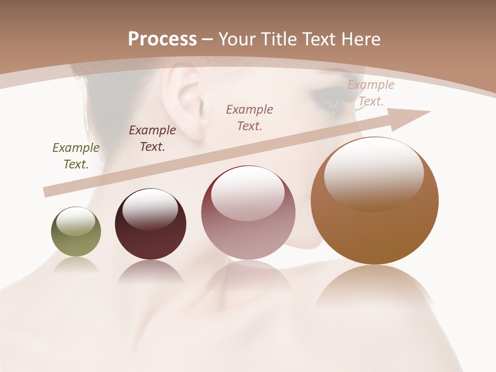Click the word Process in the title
[x=162, y=39]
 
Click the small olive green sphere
[x=76, y=232]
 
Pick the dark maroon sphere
[x=150, y=224]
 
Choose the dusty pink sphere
[x=248, y=213]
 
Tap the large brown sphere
[x=375, y=202]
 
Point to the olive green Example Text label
[x=76, y=156]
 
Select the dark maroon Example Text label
[x=152, y=138]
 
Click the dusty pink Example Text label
[x=250, y=117]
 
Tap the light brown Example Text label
[x=371, y=93]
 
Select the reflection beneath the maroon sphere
[x=150, y=271]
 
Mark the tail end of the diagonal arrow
[x=47, y=192]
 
